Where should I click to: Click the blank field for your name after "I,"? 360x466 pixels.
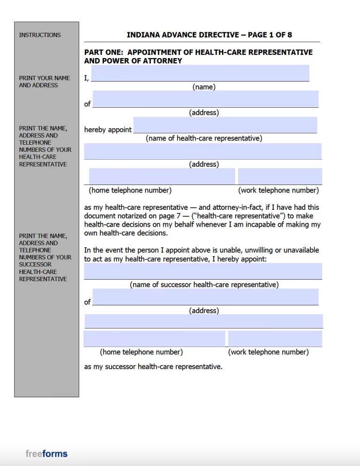click(x=200, y=73)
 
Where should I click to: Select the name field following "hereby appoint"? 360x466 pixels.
click(x=225, y=125)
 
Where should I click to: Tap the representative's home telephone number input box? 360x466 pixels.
click(x=162, y=176)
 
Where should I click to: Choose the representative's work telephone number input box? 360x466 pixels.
click(x=280, y=176)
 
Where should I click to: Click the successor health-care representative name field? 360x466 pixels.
click(x=203, y=271)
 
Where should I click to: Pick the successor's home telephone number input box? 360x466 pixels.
click(x=155, y=339)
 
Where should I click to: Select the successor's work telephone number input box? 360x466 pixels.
click(x=275, y=339)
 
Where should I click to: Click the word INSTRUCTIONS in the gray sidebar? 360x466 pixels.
click(x=40, y=35)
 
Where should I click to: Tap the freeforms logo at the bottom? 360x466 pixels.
click(x=46, y=453)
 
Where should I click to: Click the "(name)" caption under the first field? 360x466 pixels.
click(x=204, y=87)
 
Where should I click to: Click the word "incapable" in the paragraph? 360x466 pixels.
click(x=265, y=224)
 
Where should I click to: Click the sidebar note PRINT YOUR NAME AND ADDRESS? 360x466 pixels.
click(x=45, y=81)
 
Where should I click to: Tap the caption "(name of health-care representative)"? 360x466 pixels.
click(x=204, y=139)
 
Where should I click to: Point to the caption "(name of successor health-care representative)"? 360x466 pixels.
click(x=204, y=285)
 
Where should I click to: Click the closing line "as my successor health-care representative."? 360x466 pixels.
click(x=153, y=367)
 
